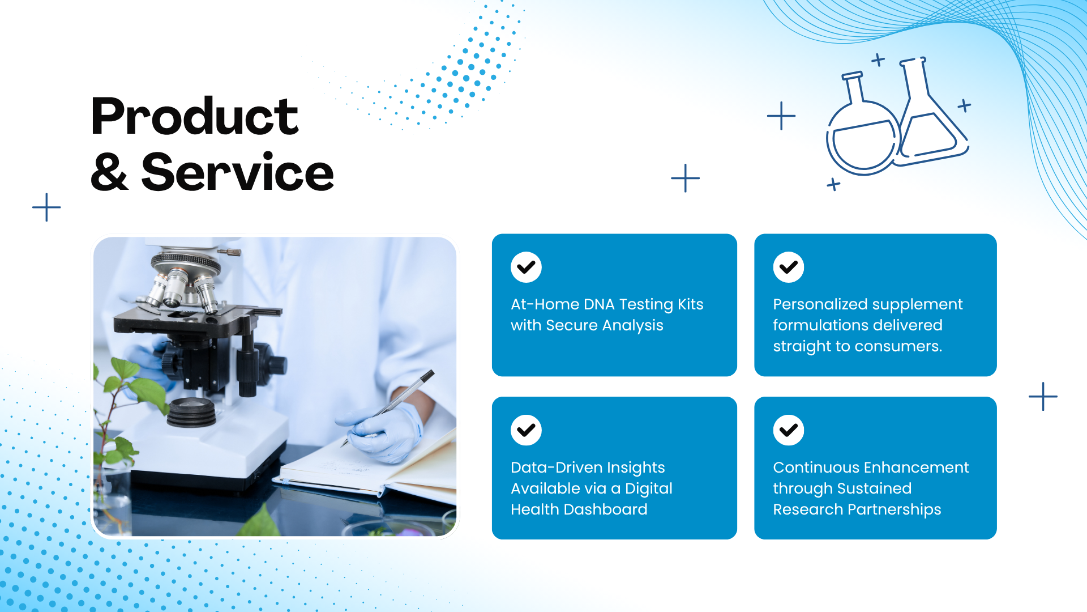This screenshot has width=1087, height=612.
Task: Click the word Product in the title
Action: (x=195, y=116)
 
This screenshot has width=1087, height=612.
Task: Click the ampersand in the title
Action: (x=109, y=172)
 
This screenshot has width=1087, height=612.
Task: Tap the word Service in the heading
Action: (x=238, y=172)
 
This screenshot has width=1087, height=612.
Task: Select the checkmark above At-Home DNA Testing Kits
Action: (x=526, y=267)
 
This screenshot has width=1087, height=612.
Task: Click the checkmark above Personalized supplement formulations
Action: (x=789, y=267)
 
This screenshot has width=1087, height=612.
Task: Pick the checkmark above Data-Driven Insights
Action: (x=526, y=430)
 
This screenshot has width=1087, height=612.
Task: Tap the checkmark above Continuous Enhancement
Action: (x=789, y=430)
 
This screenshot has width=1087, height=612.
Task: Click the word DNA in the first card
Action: (x=599, y=304)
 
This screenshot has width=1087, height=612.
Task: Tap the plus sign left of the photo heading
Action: (x=46, y=207)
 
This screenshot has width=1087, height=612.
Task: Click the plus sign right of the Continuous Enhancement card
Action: (x=1043, y=396)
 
